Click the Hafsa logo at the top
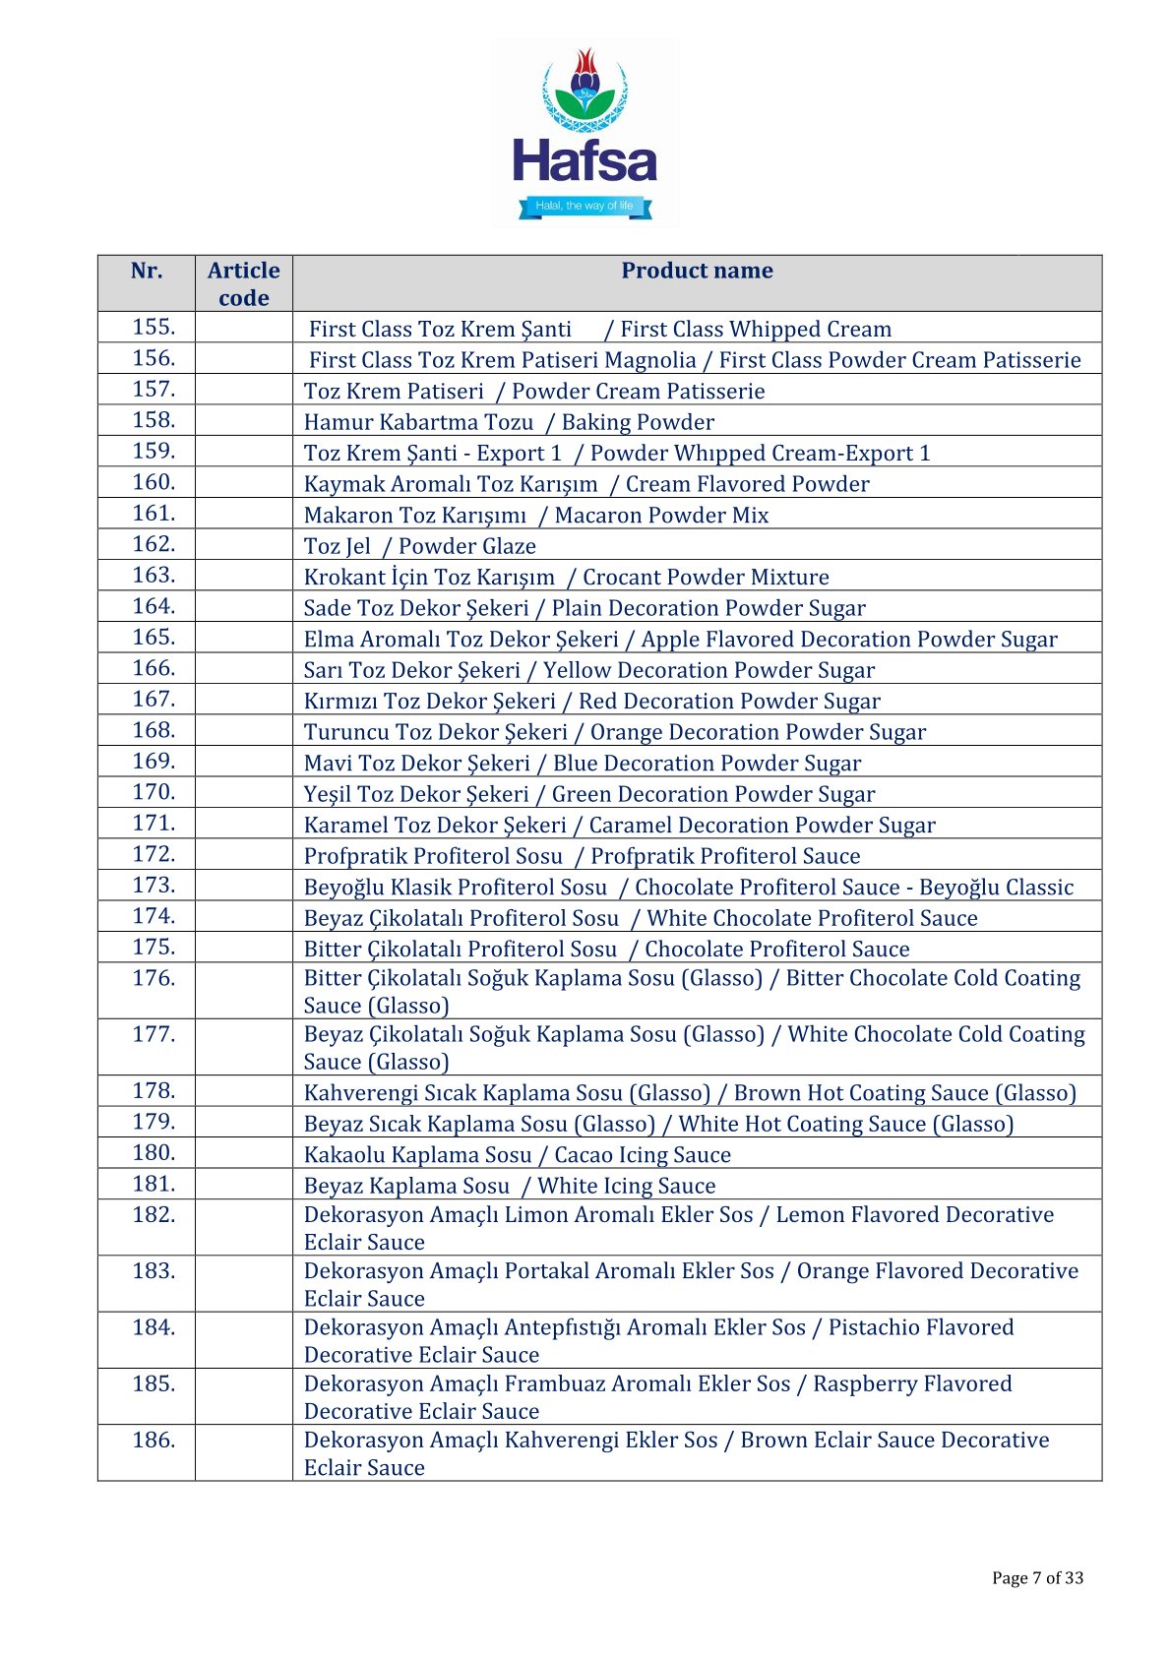585,134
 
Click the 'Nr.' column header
147,271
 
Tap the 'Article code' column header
243,283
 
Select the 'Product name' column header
697,271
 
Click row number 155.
154,327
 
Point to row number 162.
154,544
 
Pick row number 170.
154,792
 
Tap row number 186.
154,1441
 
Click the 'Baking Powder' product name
638,422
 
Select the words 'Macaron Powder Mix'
661,516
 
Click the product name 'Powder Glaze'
467,546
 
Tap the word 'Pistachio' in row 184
876,1327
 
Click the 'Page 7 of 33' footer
1037,1578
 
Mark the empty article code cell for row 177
243,1046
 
